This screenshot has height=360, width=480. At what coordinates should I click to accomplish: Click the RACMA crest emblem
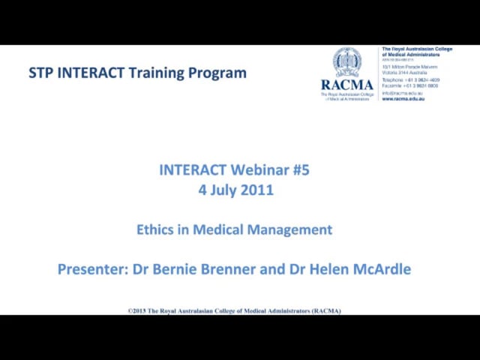pos(347,62)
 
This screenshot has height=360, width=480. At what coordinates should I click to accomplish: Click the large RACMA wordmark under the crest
pos(347,85)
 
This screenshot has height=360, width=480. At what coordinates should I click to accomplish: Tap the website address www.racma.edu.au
pos(403,99)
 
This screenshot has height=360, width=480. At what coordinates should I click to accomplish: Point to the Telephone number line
pos(410,79)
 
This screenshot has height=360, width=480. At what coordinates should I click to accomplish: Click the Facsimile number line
pos(410,85)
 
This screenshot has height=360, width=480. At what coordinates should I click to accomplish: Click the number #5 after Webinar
pos(300,170)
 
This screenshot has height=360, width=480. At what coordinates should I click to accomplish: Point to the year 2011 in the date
pos(257,190)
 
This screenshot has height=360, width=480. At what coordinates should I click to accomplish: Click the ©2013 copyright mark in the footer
pos(139,310)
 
